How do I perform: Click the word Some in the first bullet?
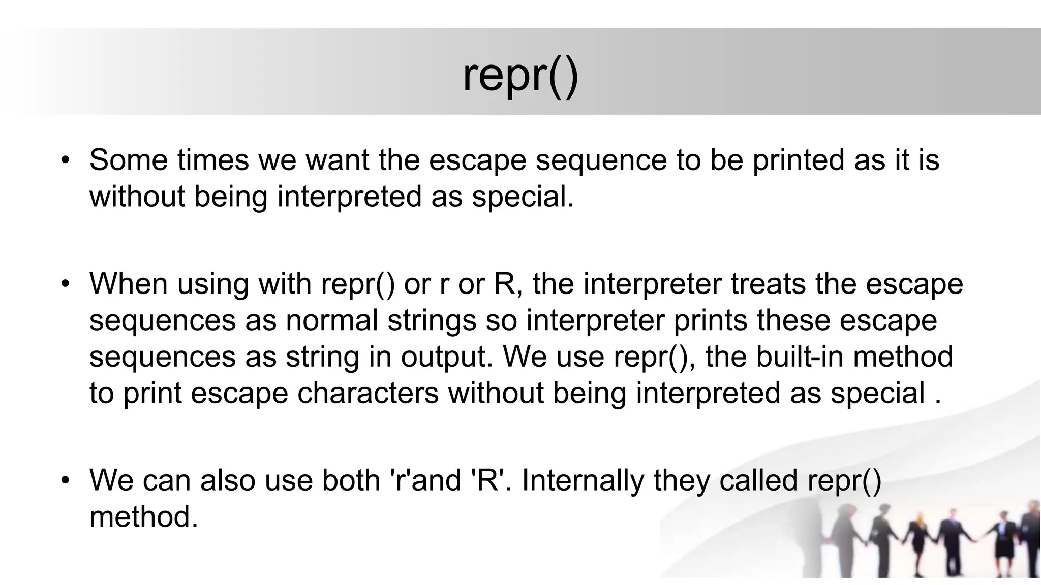pyautogui.click(x=129, y=160)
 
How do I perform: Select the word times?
pyautogui.click(x=213, y=160)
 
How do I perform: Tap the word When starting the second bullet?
pyautogui.click(x=129, y=284)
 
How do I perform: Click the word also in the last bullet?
pyautogui.click(x=227, y=480)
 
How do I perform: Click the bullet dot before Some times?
pyautogui.click(x=65, y=160)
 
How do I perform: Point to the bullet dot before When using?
pyautogui.click(x=65, y=284)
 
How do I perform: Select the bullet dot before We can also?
pyautogui.click(x=65, y=481)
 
